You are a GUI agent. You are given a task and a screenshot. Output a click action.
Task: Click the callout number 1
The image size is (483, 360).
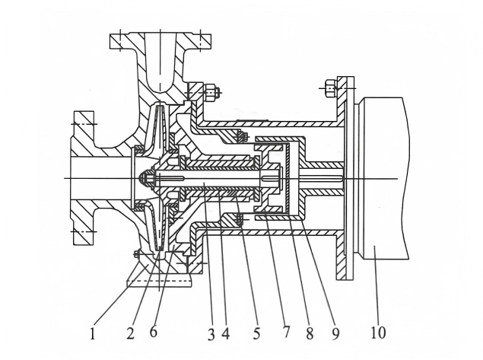[93, 333]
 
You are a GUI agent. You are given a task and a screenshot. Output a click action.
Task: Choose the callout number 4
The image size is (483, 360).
[226, 333]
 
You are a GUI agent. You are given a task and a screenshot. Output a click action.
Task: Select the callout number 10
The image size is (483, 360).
[379, 333]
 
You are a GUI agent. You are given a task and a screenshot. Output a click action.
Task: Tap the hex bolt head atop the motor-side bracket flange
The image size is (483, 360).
[329, 88]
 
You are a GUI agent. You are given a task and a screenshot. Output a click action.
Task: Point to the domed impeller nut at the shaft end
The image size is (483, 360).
[143, 179]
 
